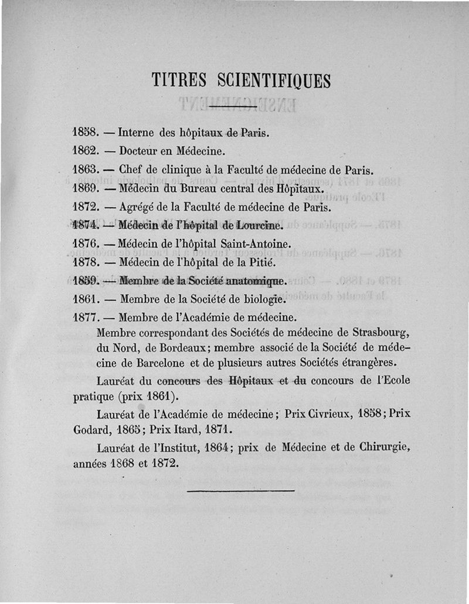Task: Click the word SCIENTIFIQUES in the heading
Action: (x=274, y=79)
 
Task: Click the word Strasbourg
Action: (x=378, y=334)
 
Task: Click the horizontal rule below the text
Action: (x=240, y=488)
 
